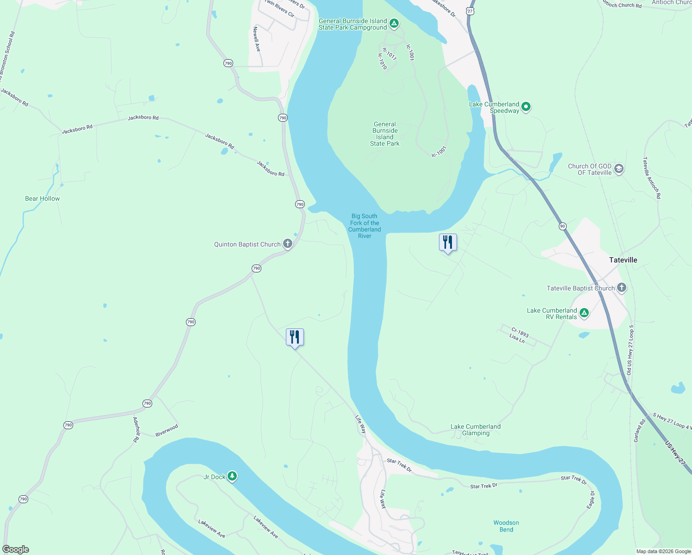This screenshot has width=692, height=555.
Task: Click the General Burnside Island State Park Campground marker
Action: (x=394, y=23)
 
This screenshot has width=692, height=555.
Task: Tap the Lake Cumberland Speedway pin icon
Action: (x=525, y=107)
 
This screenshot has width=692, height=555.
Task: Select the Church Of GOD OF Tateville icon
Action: (x=619, y=169)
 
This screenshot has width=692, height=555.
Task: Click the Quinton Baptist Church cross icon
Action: (x=287, y=244)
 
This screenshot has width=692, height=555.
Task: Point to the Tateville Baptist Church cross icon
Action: (x=621, y=288)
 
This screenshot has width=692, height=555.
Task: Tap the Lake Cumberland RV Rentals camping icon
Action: (x=584, y=313)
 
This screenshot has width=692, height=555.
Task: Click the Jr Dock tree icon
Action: (x=232, y=476)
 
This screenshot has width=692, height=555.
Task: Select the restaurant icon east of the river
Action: (x=448, y=242)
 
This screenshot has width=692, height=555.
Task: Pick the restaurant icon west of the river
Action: (x=295, y=337)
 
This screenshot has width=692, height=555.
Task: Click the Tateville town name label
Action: (x=623, y=260)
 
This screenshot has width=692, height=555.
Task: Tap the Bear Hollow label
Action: (x=43, y=198)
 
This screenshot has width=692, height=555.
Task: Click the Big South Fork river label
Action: (x=365, y=226)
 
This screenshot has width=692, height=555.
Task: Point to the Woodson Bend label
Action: (x=506, y=526)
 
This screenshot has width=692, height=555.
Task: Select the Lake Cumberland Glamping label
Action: (x=476, y=430)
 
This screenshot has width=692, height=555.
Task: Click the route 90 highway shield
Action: (x=562, y=226)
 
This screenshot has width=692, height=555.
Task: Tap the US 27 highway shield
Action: (x=470, y=11)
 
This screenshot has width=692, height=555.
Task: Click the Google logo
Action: (x=16, y=549)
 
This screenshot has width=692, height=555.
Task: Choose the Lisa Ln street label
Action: (x=517, y=339)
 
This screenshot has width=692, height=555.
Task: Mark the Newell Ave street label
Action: (x=256, y=39)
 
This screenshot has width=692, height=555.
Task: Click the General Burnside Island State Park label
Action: (x=385, y=134)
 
